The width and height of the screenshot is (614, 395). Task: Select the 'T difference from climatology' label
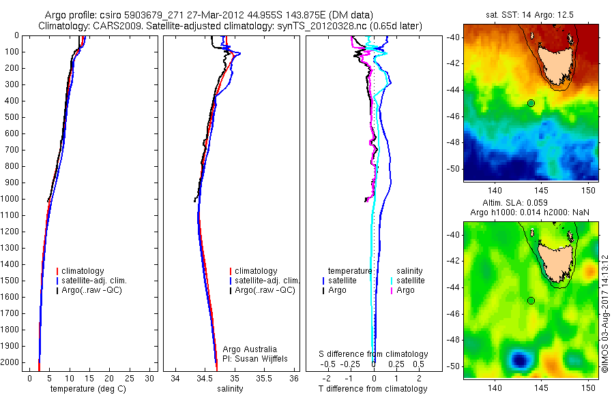(372, 389)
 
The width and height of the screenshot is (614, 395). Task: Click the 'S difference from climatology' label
(374, 354)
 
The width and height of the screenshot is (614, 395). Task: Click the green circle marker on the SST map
(531, 103)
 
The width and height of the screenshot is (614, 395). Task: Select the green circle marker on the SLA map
(531, 300)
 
